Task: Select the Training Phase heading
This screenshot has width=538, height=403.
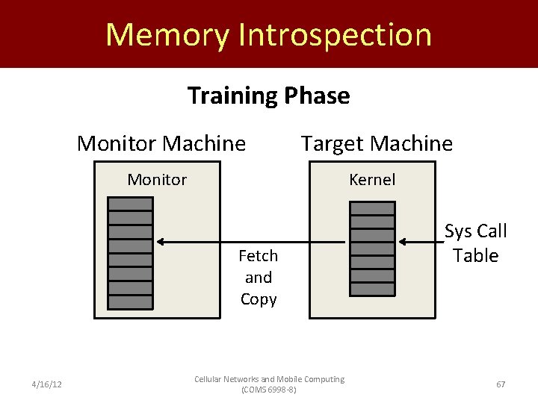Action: point(268,96)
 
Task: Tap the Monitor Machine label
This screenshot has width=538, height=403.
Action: point(161,143)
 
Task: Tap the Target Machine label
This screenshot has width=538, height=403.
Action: point(377,143)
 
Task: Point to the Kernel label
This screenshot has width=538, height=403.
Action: point(372,180)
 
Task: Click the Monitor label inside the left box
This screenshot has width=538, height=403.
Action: point(157,180)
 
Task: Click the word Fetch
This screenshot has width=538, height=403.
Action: point(258,256)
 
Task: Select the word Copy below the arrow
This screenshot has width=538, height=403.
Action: point(259,299)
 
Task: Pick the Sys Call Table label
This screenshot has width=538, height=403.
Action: point(475,243)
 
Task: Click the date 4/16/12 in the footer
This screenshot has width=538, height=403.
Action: point(46,384)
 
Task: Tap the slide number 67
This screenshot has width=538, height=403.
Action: point(501,384)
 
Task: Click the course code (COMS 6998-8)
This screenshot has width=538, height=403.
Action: point(269,390)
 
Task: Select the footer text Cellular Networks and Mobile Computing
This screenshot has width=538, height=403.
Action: point(269,379)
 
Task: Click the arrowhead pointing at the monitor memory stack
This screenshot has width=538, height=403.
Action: point(161,242)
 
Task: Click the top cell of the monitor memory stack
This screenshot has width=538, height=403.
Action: point(131,204)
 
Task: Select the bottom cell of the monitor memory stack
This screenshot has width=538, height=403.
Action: point(131,302)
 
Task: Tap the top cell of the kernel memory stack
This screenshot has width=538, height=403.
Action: point(372,210)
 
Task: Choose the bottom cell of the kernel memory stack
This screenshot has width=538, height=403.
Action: point(372,288)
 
